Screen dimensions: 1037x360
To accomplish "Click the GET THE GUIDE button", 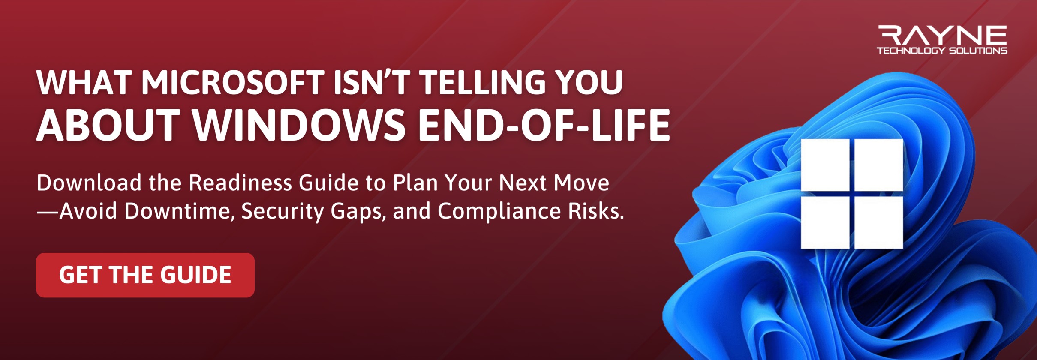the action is tap(145, 275).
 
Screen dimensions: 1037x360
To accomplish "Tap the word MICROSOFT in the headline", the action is tap(233, 82).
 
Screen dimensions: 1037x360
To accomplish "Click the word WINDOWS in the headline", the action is tap(298, 125).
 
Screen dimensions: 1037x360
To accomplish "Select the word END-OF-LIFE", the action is tap(544, 125).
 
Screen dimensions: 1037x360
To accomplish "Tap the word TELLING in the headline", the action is tap(482, 82).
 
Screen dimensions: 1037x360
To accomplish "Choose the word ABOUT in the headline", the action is tap(108, 125).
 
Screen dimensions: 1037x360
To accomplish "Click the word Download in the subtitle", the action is tap(89, 183).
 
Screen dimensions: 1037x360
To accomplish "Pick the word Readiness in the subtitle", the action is tap(240, 183).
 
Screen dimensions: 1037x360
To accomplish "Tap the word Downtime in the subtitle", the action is tap(179, 211).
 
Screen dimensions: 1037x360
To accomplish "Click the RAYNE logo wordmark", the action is tap(942, 35).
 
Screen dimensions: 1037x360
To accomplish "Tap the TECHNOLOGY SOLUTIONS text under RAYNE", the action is tap(942, 51).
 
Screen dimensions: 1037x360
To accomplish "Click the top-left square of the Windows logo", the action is tap(825, 165).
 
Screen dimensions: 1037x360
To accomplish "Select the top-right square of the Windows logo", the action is tap(879, 165).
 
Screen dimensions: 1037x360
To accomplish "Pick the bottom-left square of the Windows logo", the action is tap(825, 222).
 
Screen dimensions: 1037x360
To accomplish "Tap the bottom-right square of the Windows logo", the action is tap(879, 222).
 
